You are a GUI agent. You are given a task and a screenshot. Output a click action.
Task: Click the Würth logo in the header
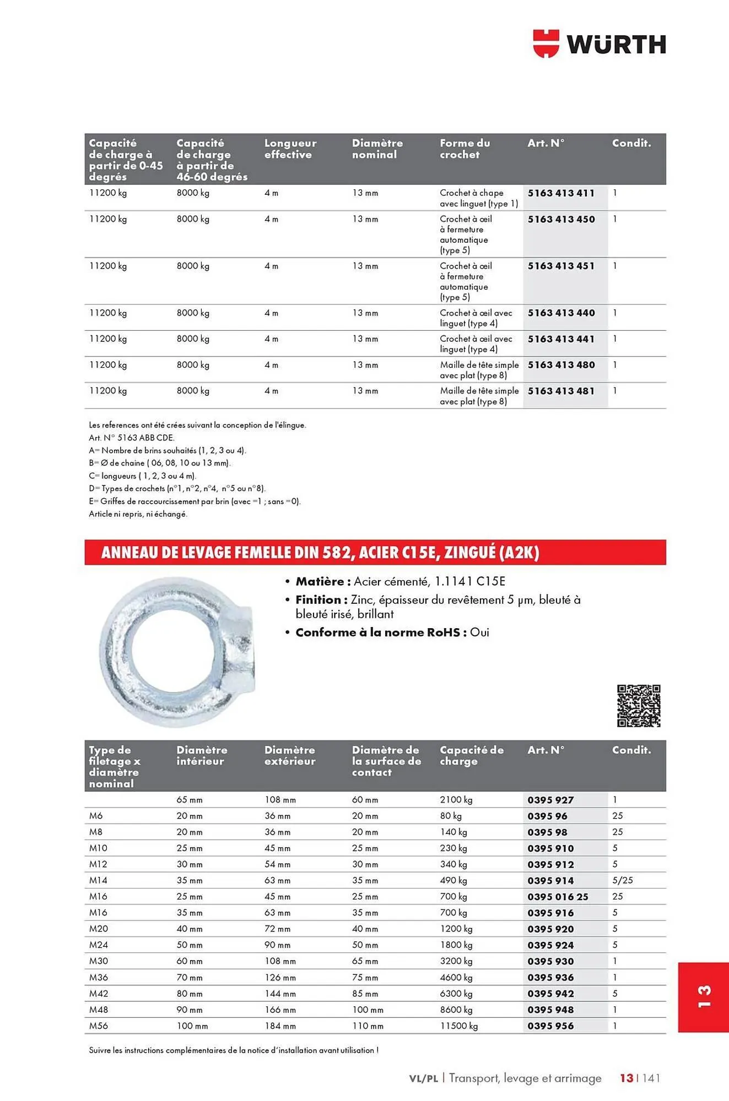point(600,44)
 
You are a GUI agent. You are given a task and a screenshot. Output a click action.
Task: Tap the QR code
point(638,706)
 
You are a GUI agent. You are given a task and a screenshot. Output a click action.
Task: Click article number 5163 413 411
point(561,193)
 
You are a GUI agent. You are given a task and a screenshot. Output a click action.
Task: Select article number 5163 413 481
point(561,391)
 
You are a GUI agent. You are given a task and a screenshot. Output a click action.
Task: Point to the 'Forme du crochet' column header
point(465,149)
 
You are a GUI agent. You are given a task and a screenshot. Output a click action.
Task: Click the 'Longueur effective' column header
point(290,149)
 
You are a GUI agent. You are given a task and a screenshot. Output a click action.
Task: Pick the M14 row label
point(98,880)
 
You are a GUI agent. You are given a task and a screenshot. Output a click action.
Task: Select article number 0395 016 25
point(558,897)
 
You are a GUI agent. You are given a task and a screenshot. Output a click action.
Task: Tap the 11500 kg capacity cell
point(458,1026)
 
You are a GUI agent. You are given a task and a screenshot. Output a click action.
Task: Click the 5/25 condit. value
point(622,880)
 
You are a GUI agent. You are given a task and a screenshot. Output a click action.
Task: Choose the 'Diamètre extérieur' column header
point(290,755)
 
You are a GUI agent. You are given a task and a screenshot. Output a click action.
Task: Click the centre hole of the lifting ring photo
point(169,652)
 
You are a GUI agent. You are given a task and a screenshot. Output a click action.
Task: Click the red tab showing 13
point(703,997)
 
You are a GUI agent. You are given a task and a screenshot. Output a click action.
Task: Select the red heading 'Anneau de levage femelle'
point(320,552)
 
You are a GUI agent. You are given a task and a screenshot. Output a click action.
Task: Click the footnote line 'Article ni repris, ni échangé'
point(138,514)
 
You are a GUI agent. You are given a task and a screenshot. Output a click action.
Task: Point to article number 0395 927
point(550,800)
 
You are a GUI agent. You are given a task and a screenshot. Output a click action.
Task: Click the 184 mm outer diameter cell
point(280,1026)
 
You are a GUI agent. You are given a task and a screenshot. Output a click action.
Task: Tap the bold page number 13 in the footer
point(626,1078)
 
